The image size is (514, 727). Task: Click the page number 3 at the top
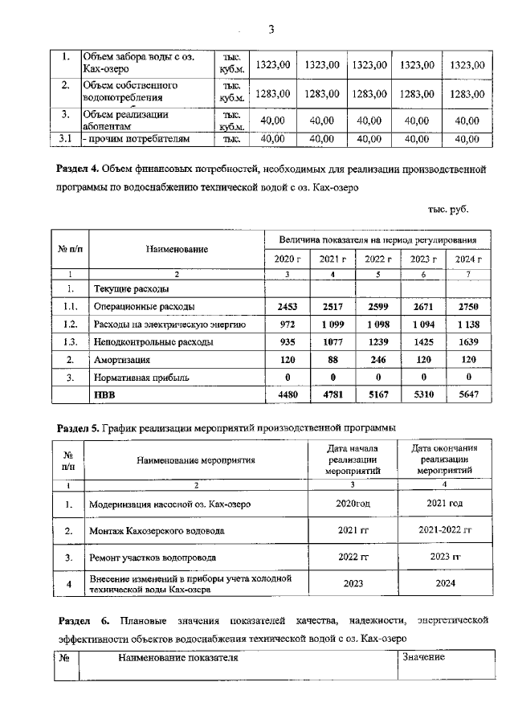coord(271,30)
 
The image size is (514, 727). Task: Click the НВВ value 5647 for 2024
coord(468,394)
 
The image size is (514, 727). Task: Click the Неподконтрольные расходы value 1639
coord(468,341)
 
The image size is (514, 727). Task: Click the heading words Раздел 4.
coord(78,170)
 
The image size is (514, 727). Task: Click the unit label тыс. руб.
coord(447,210)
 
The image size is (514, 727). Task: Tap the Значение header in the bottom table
coord(423,657)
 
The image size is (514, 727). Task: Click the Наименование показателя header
coord(178,657)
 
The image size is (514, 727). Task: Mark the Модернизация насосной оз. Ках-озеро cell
coord(170,504)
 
